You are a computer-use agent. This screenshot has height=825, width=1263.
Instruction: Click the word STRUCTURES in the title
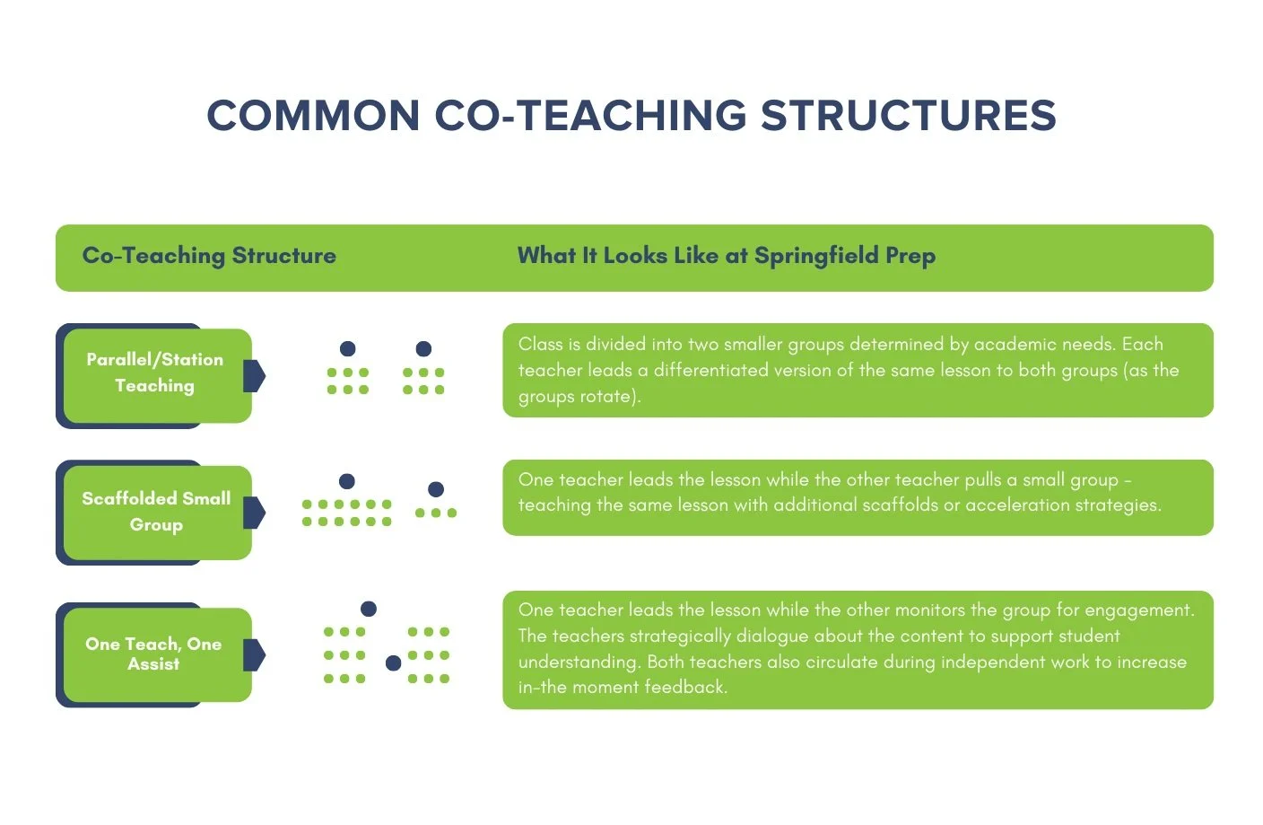tap(908, 116)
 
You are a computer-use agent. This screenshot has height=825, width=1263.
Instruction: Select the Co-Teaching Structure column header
tap(209, 256)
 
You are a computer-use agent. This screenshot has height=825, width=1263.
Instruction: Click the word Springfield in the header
tap(815, 256)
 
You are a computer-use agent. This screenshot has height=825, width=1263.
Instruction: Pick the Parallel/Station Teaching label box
tap(155, 373)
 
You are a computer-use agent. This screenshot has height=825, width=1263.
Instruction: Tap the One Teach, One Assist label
tap(153, 654)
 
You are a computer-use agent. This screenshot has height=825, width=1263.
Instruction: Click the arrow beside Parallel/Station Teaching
tap(254, 376)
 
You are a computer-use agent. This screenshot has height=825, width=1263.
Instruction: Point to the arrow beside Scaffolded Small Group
tap(254, 513)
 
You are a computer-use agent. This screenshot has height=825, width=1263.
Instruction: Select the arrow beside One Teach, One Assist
tap(254, 654)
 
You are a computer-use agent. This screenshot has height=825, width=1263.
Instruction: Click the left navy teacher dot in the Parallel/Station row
tap(348, 348)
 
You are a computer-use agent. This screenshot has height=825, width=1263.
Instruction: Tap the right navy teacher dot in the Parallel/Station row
tap(423, 348)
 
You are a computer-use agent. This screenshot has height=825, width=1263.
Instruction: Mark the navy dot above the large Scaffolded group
tap(347, 481)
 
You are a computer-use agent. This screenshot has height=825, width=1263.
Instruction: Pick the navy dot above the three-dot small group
tap(436, 489)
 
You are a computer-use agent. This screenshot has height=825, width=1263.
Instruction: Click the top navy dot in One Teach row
tap(369, 609)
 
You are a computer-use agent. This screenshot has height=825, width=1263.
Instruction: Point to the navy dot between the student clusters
tap(393, 663)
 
